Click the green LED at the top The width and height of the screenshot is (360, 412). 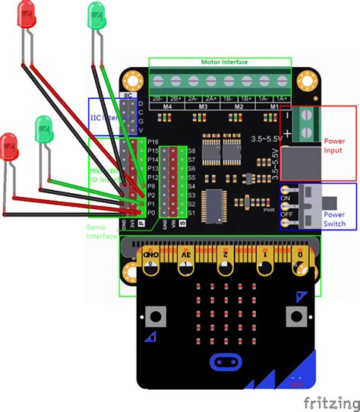[97, 14]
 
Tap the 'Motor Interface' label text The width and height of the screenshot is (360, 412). [219, 62]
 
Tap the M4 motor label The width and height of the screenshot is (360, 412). [166, 107]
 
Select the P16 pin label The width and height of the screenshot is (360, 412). [153, 142]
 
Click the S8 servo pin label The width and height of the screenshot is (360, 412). [191, 151]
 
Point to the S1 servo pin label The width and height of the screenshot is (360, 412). [191, 213]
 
